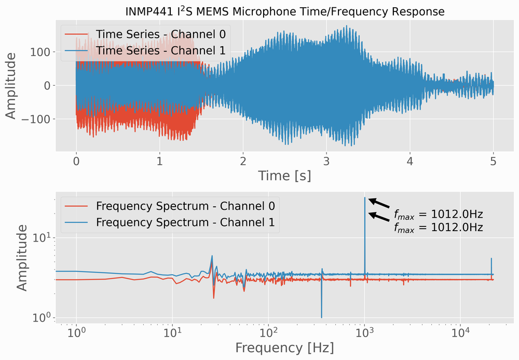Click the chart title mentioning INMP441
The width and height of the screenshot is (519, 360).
[285, 11]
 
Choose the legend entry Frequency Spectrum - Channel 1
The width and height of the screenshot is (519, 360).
[185, 222]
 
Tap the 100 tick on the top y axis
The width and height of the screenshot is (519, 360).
[40, 52]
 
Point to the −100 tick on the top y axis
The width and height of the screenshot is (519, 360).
[36, 119]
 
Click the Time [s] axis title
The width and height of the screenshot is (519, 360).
[284, 176]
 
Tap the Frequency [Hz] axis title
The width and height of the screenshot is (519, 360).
[284, 346]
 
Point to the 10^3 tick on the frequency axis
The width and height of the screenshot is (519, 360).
[365, 332]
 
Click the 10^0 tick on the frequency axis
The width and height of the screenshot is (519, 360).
[76, 332]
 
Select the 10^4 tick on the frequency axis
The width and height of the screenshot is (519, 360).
[461, 332]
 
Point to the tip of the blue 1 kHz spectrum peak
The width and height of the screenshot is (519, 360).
[365, 198]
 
